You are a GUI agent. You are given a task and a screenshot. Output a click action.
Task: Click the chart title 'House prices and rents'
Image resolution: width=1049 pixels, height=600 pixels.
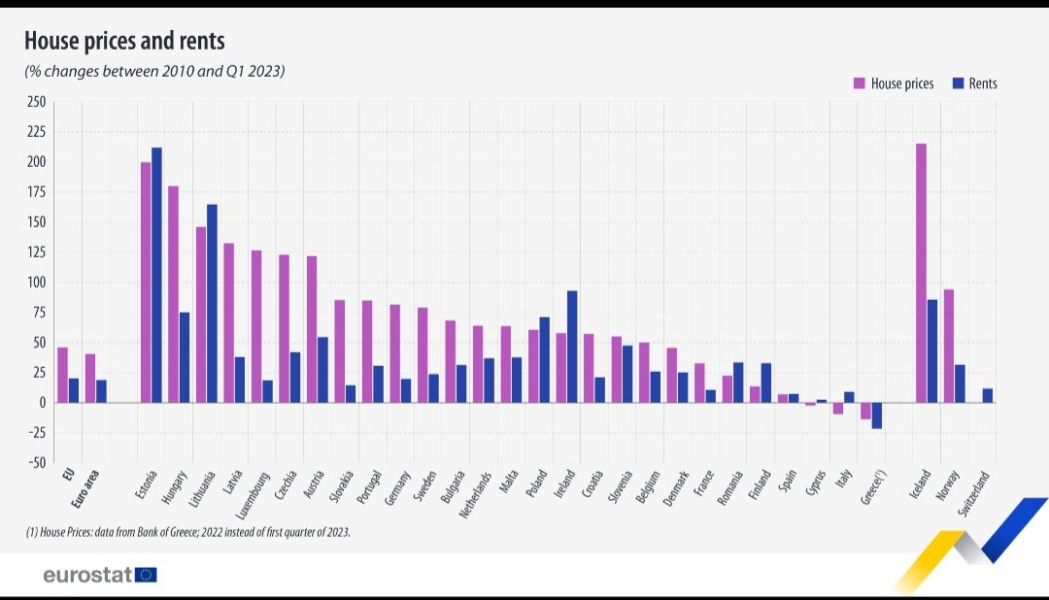[x=124, y=41]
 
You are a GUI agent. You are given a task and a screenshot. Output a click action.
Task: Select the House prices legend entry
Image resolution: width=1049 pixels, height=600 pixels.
[x=895, y=83]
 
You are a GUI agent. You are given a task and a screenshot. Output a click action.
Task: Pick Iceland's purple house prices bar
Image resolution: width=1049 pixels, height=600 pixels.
[x=921, y=273]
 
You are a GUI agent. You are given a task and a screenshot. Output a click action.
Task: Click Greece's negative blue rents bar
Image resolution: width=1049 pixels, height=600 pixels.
[x=877, y=416]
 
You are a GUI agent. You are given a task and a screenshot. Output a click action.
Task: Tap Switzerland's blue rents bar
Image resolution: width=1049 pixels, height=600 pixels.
[x=988, y=396]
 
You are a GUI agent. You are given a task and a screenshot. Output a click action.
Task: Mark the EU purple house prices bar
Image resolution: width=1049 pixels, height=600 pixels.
[x=62, y=375]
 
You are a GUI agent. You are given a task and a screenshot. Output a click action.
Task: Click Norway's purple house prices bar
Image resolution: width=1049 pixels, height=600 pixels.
[x=948, y=346]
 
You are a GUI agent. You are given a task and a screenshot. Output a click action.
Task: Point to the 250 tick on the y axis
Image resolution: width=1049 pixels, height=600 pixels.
[x=36, y=102]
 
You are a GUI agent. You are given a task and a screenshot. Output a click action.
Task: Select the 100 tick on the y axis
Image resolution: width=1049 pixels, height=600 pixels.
[x=36, y=283]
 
